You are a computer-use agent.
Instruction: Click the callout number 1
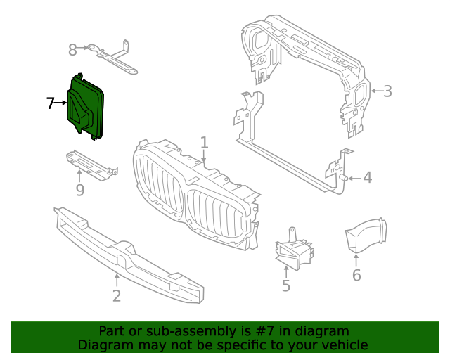pos(204,143)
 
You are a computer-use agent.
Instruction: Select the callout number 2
pos(117,295)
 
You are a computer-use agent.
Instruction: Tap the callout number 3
pos(387,91)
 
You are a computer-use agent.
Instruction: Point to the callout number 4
pos(367,178)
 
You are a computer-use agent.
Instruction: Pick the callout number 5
pos(286,285)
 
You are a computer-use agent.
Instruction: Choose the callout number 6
pos(356,275)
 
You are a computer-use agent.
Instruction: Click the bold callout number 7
pos(50,104)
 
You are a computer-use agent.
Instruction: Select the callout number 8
pos(72,49)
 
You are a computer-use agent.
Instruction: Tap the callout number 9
pos(79,190)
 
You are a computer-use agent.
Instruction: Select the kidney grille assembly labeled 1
pos(197,197)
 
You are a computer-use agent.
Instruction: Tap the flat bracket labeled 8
pos(112,58)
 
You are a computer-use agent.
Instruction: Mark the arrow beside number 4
pos(353,178)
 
